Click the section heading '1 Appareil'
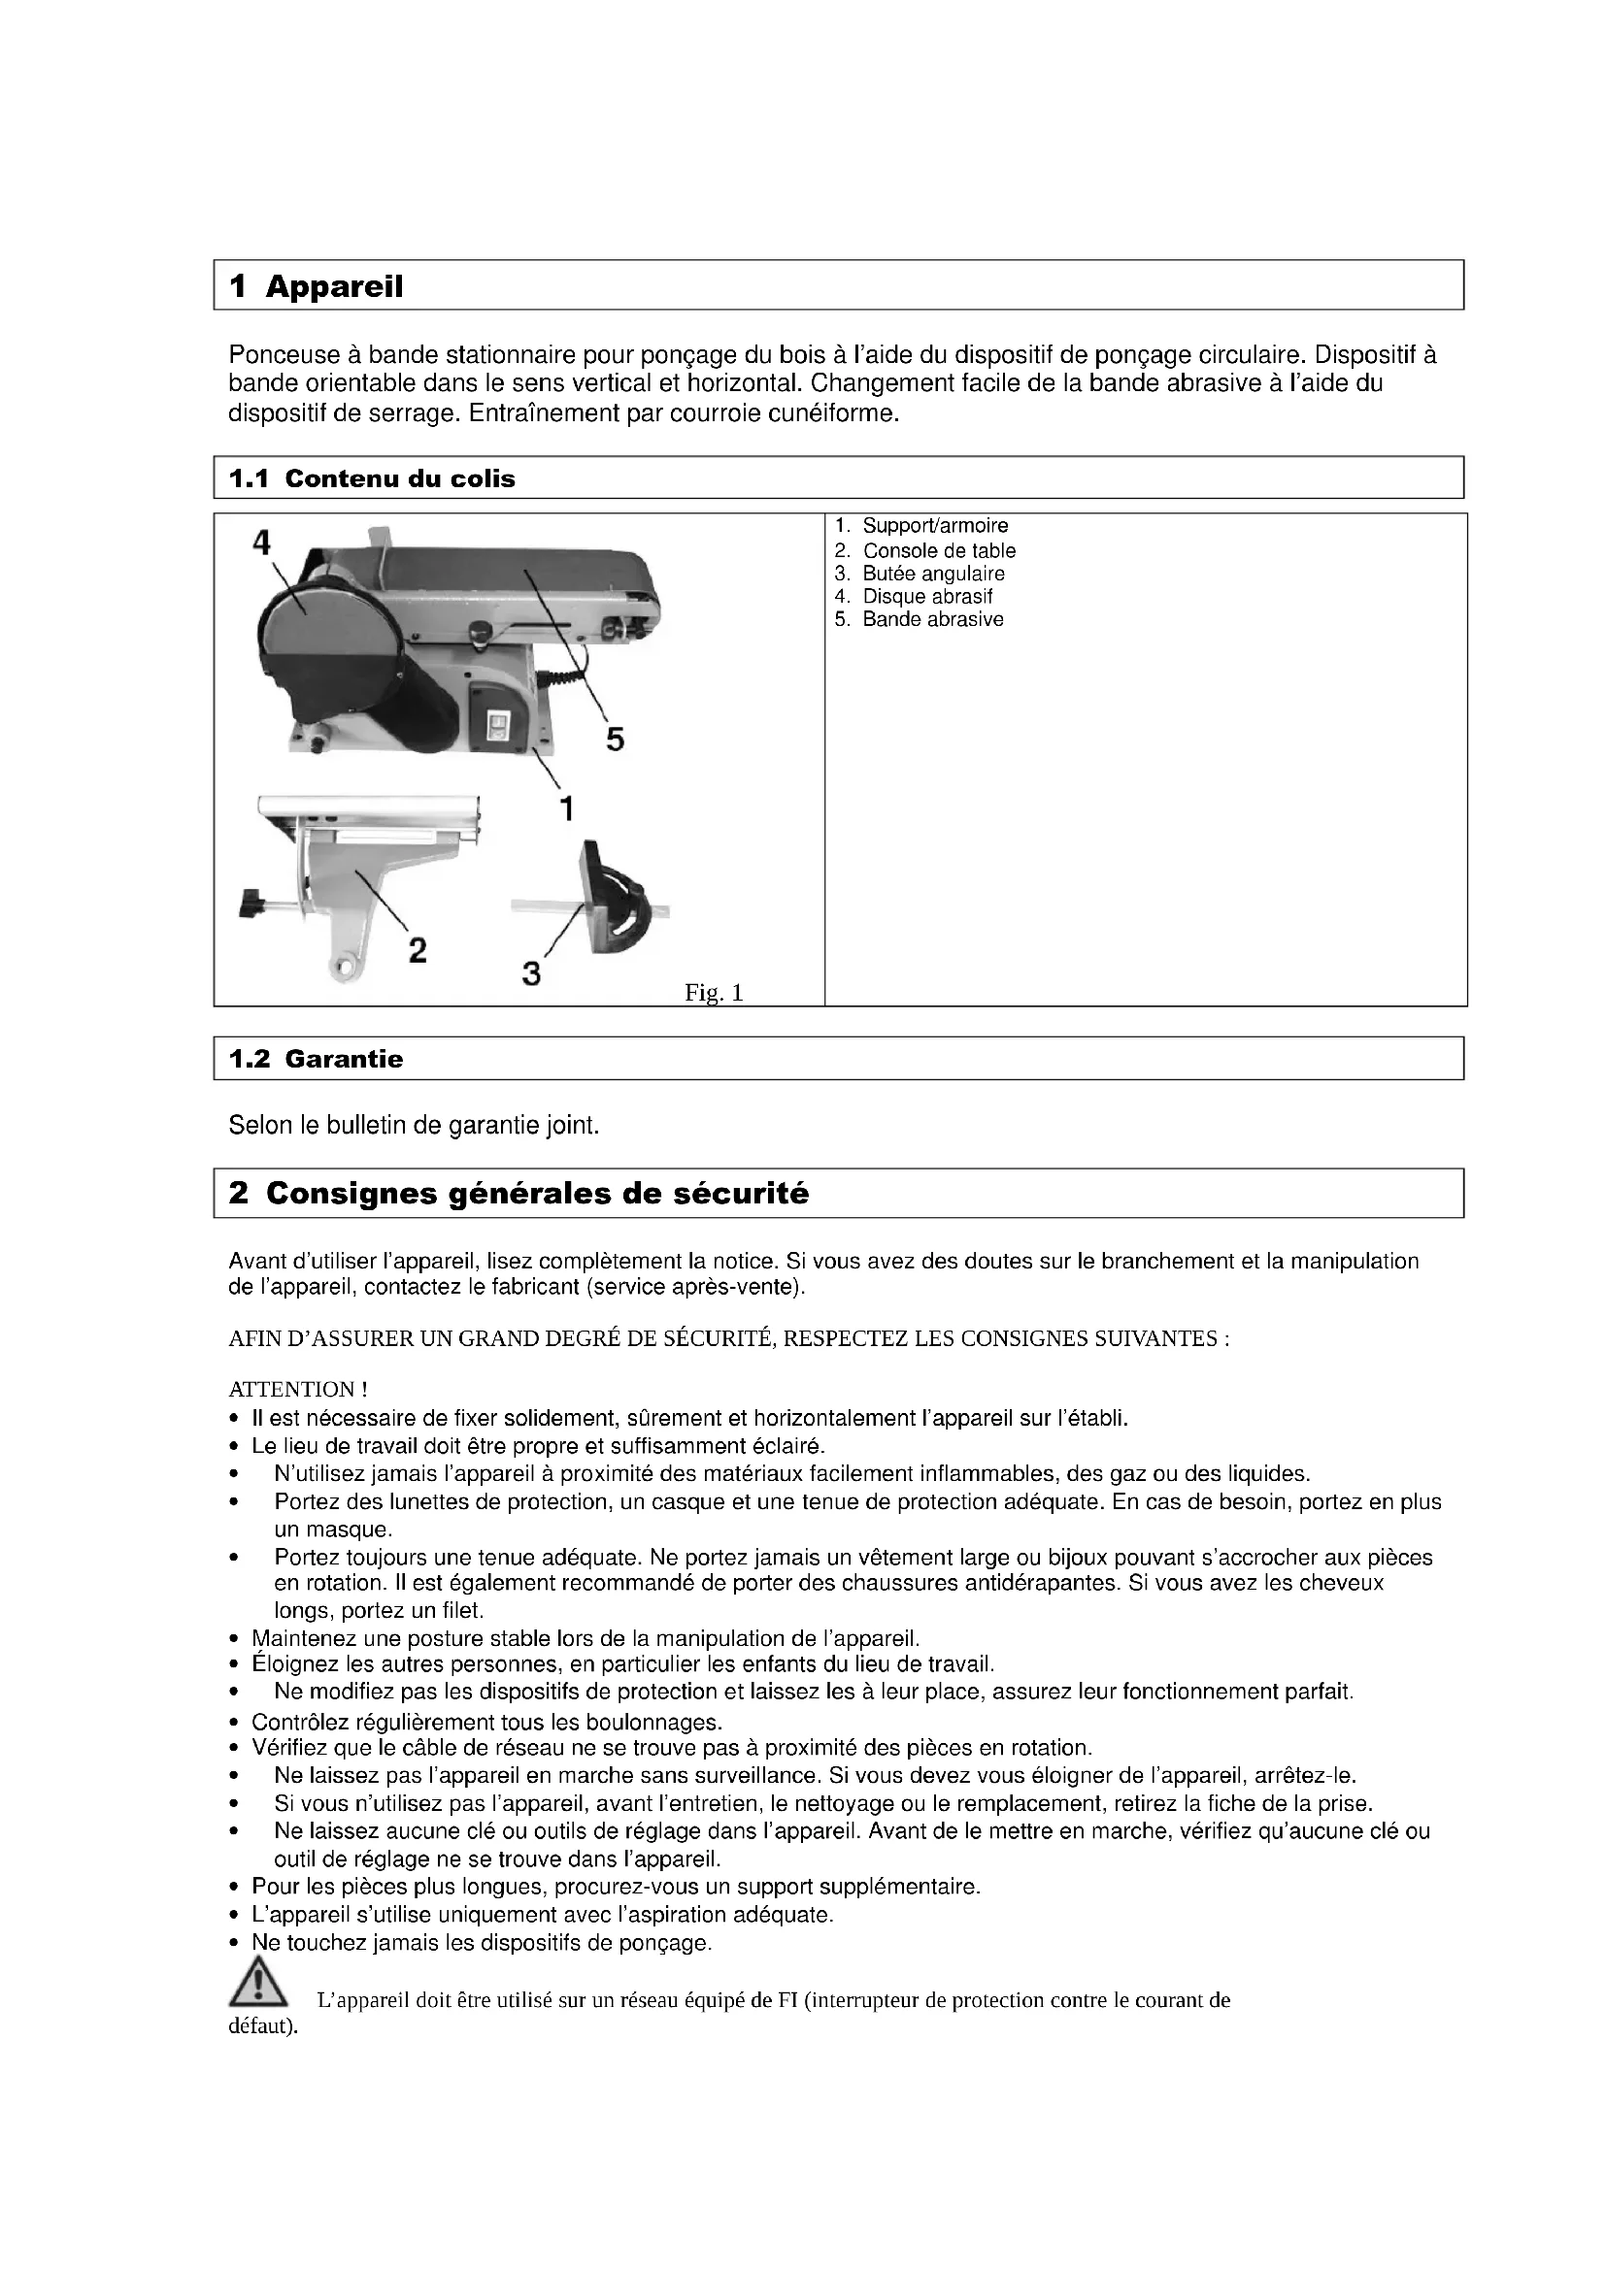pos(316,286)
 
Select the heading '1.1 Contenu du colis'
pos(372,479)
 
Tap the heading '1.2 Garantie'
pos(316,1060)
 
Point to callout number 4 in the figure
pos(261,543)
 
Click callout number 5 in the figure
pos(615,740)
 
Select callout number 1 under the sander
pos(567,808)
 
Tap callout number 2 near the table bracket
pos(418,950)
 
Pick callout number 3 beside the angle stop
pos(532,973)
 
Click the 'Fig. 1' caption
pos(713,993)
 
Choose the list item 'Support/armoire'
pos(934,526)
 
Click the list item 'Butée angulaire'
pos(932,574)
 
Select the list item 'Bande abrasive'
pos(932,620)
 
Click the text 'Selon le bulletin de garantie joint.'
pos(415,1125)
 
